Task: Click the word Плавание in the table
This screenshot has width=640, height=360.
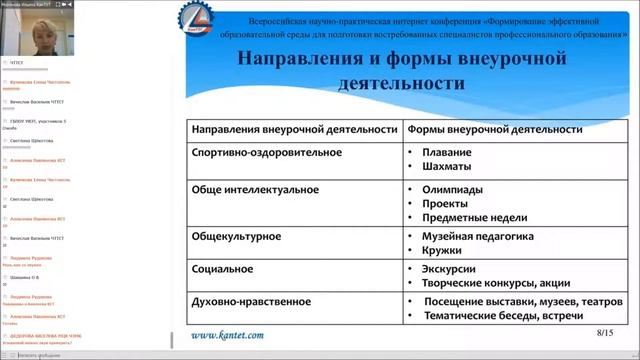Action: [448, 152]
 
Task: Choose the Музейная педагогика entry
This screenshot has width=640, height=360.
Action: [478, 236]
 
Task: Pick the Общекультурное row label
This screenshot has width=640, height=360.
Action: [235, 236]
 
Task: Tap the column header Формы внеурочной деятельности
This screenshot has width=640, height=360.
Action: [494, 129]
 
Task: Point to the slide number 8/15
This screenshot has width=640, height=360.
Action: [604, 330]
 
